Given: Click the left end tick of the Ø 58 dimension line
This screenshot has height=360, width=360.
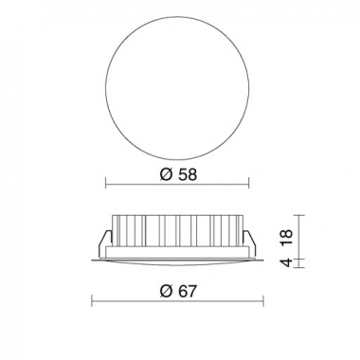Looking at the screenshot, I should point(106,184).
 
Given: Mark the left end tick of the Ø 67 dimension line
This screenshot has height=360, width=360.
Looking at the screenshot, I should point(93,301).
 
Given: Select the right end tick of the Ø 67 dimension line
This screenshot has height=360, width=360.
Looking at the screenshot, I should point(263,301).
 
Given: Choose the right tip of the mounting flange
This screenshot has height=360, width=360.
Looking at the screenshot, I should point(263,259).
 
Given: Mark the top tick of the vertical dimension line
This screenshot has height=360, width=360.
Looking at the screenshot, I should point(299,212).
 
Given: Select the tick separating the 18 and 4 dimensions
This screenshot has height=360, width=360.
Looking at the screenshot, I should point(299,257).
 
